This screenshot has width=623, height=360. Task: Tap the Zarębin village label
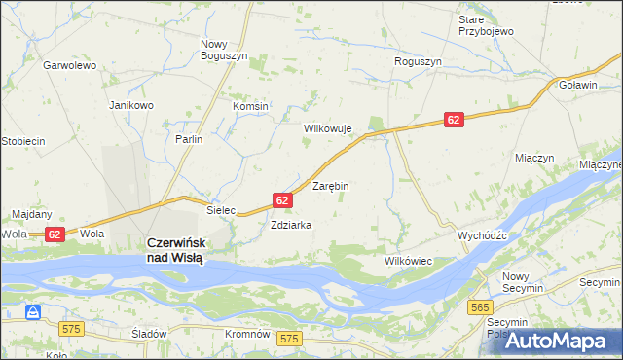pyautogui.click(x=330, y=185)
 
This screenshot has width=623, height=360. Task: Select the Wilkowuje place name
pyautogui.click(x=327, y=128)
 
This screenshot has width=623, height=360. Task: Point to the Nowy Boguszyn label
pyautogui.click(x=224, y=51)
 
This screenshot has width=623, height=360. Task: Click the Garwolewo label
pyautogui.click(x=68, y=66)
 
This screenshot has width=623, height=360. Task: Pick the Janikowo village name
pyautogui.click(x=131, y=105)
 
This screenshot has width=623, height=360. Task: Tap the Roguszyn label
pyautogui.click(x=419, y=61)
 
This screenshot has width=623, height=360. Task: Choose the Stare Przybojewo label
pyautogui.click(x=486, y=25)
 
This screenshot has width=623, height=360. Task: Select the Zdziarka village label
pyautogui.click(x=291, y=225)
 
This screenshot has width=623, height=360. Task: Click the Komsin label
pyautogui.click(x=250, y=106)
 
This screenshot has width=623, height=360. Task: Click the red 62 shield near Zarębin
pyautogui.click(x=282, y=199)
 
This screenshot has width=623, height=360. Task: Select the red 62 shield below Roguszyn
pyautogui.click(x=455, y=119)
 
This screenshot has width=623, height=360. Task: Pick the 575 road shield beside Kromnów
pyautogui.click(x=288, y=338)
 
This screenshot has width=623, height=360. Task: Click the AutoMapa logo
pyautogui.click(x=564, y=342)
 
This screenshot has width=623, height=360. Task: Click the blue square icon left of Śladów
pyautogui.click(x=33, y=312)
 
